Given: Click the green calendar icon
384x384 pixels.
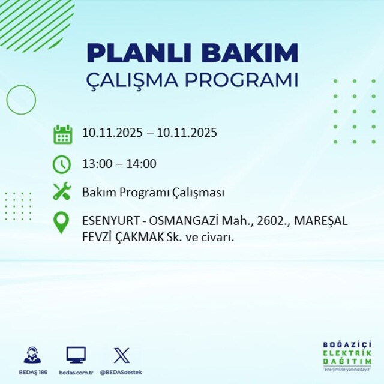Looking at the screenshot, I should tap(62, 133).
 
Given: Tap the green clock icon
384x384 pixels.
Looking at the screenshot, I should tap(62, 163).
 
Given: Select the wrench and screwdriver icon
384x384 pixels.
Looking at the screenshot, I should tap(62, 193).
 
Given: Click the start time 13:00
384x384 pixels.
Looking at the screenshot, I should tap(95, 163).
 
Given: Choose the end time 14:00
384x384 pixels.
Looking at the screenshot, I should tap(143, 163).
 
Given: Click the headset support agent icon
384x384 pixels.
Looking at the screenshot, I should tap(32, 355).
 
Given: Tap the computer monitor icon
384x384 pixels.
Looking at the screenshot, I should tap(76, 355).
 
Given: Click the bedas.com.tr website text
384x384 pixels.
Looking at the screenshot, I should tap(76, 372).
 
